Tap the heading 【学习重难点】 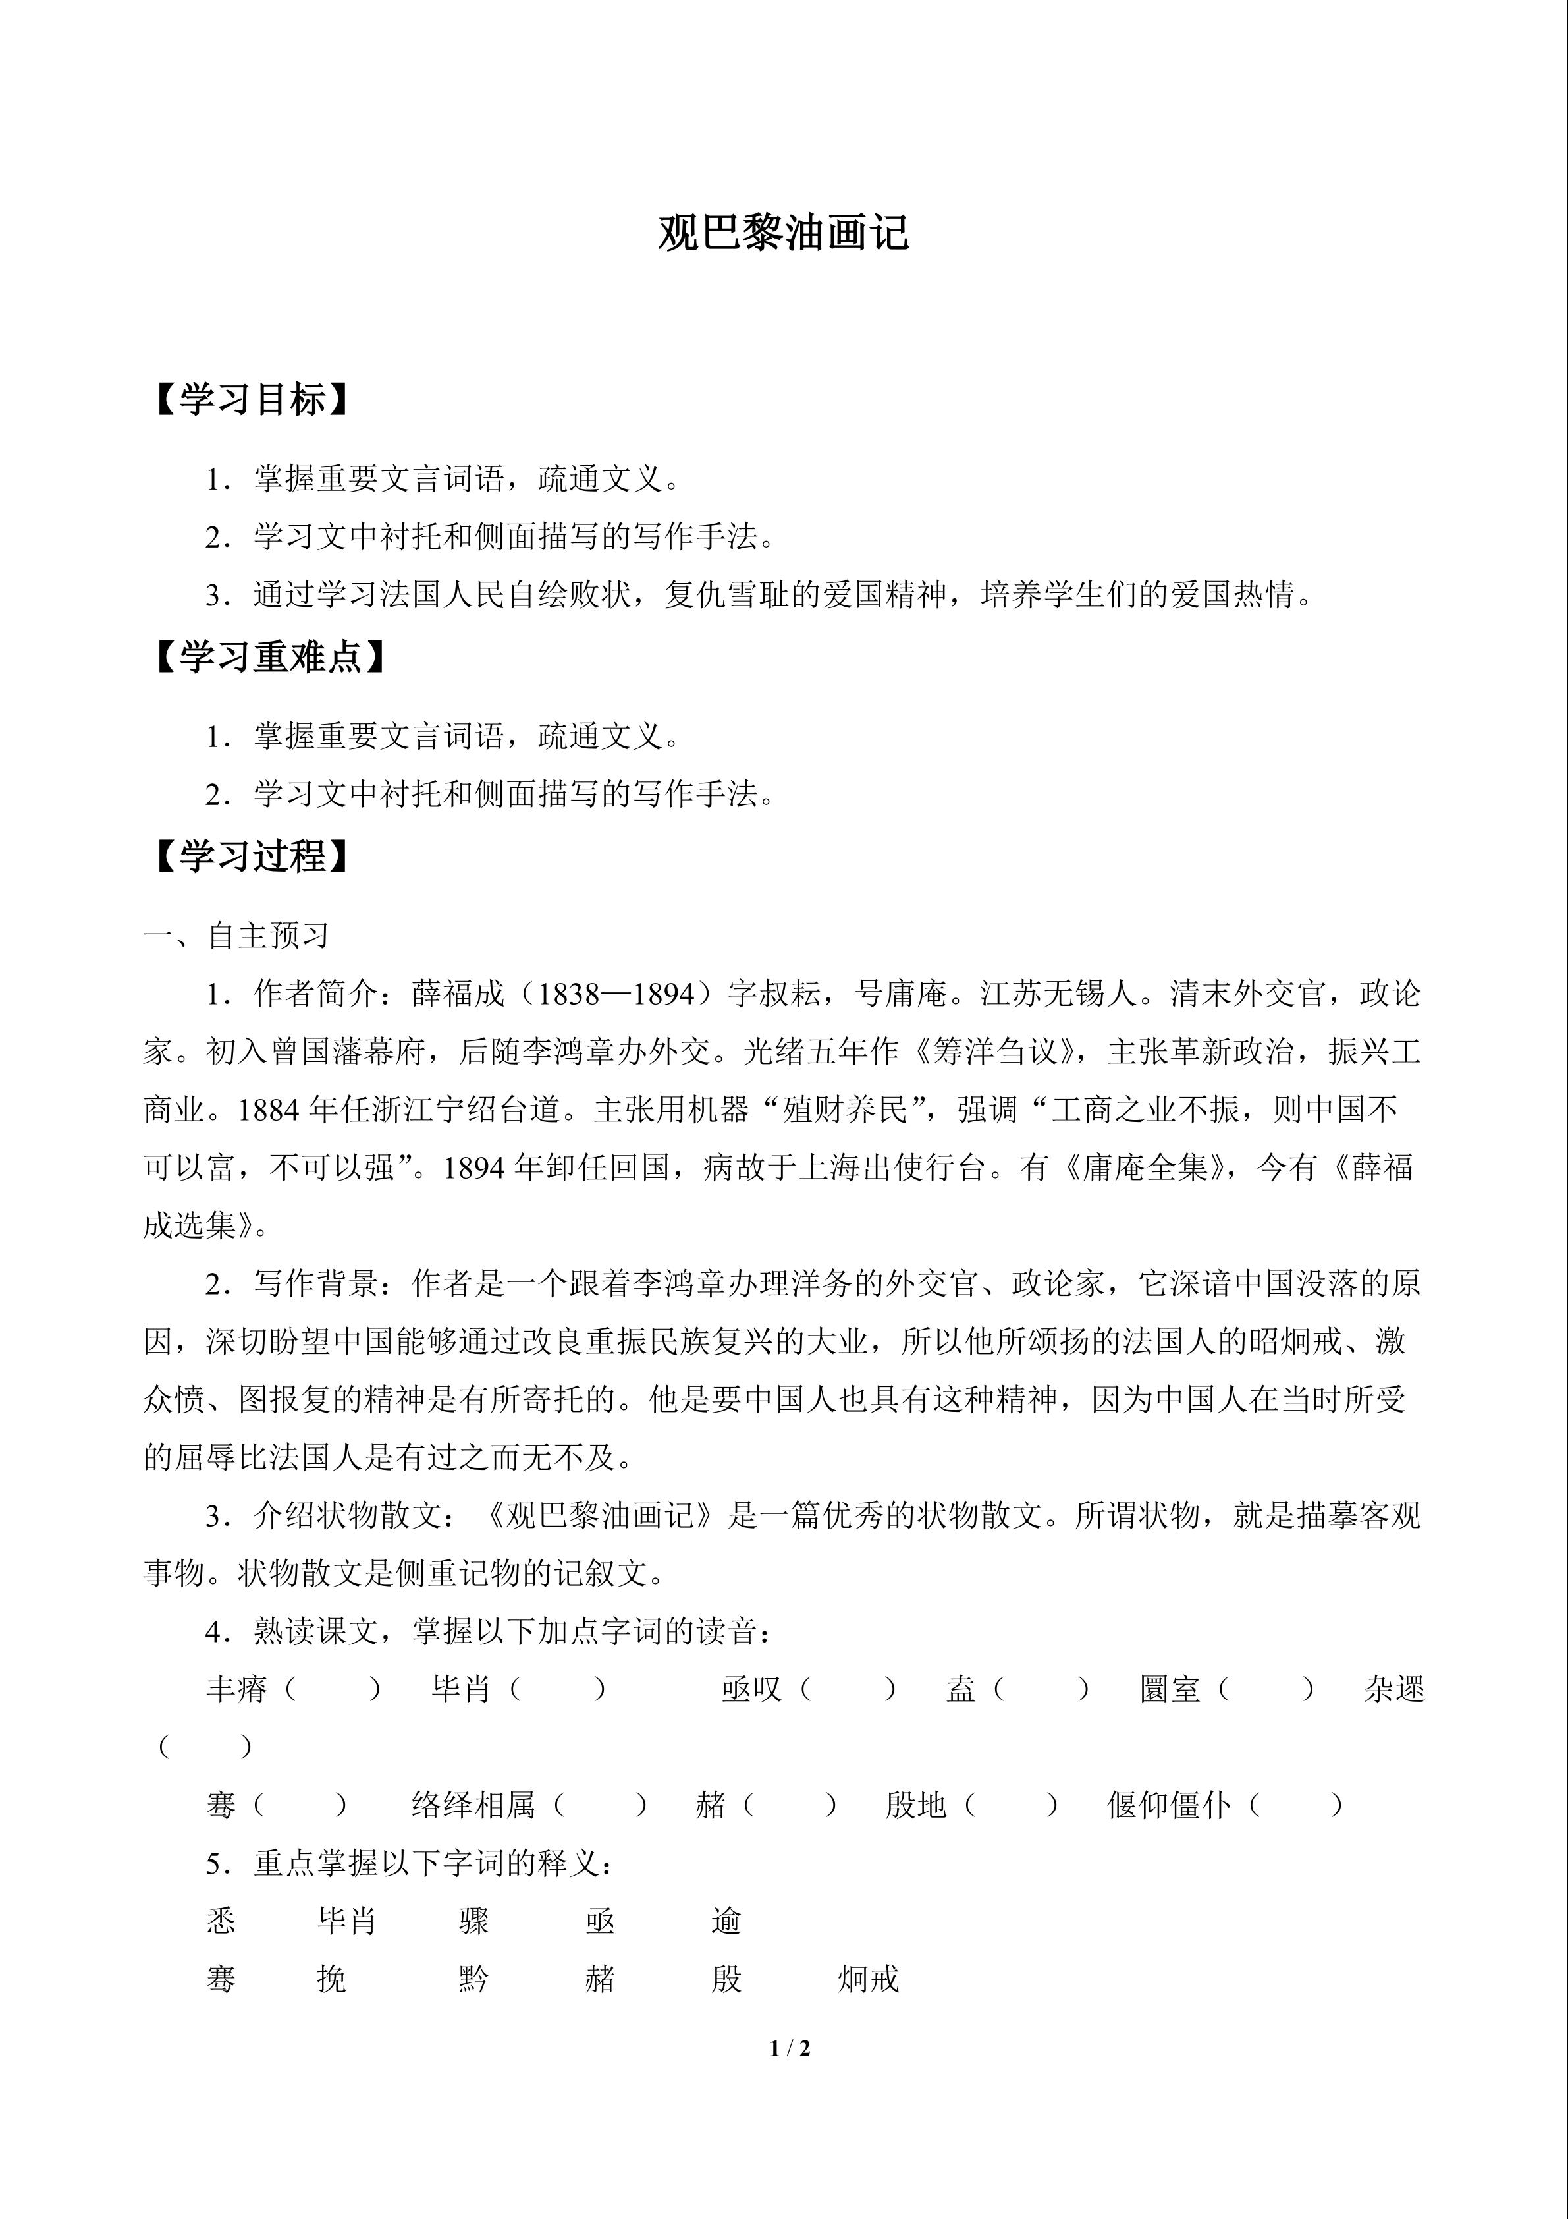tap(269, 656)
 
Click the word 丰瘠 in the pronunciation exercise tap(236, 1689)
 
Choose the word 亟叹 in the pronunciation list tap(751, 1689)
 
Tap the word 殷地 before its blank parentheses tap(915, 1805)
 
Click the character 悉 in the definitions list tap(221, 1921)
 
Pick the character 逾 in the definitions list tap(726, 1921)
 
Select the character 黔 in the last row tap(473, 1979)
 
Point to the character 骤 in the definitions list tap(473, 1921)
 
